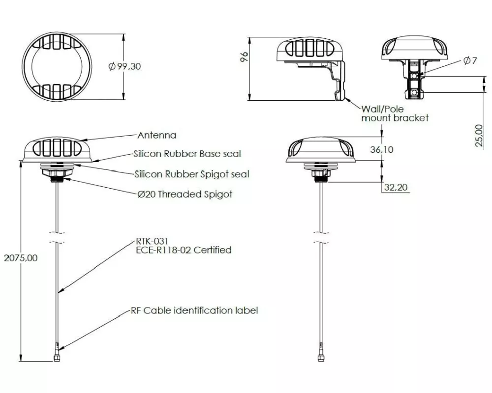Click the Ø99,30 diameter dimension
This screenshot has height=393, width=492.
pos(124,66)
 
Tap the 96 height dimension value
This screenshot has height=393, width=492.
pos(244,56)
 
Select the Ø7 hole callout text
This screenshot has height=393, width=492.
pos(470,60)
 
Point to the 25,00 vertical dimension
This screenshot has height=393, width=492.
pos(479,136)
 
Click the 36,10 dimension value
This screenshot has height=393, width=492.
pos(382,149)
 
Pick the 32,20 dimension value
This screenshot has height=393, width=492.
pos(396,187)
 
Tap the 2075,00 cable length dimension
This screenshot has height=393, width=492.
pos(20,258)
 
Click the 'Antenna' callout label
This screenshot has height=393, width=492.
pos(157,135)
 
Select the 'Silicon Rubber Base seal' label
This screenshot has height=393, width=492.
pos(187,154)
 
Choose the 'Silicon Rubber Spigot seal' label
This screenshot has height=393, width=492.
pos(192,174)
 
